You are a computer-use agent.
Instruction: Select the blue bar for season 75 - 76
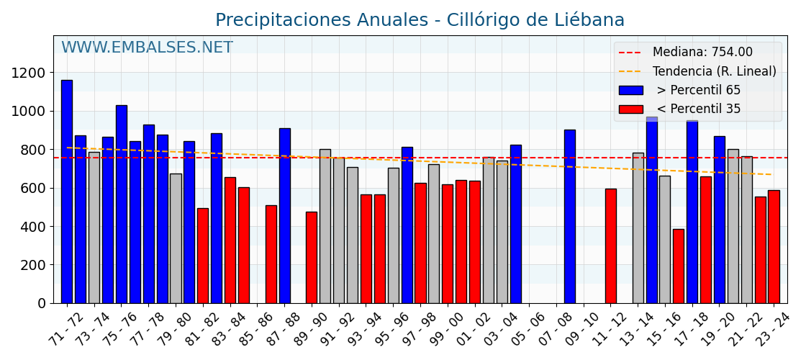[121, 204]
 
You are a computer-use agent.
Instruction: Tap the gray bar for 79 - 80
[176, 238]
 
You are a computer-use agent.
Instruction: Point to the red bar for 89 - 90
[312, 258]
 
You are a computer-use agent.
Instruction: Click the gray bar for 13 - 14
[638, 228]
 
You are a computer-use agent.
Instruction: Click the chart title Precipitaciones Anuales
[420, 20]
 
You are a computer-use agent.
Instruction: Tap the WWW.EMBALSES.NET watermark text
[147, 48]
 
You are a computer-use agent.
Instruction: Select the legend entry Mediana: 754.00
[702, 53]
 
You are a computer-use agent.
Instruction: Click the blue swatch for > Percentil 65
[630, 91]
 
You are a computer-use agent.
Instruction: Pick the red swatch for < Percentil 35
[630, 109]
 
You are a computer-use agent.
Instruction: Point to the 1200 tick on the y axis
[28, 73]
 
